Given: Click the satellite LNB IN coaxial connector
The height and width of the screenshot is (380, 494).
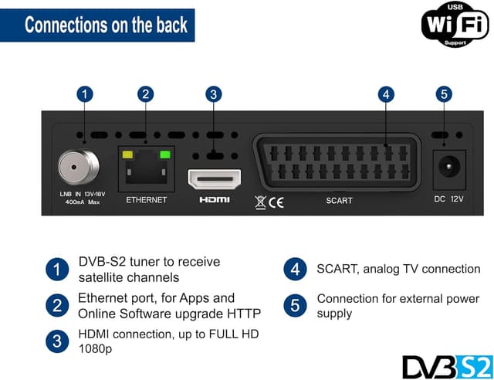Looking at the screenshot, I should (x=79, y=164).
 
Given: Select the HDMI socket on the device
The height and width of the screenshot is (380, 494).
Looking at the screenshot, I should (x=215, y=179).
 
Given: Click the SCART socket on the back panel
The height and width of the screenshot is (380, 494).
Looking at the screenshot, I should (x=337, y=163).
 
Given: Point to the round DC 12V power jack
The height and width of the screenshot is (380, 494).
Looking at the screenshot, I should (x=447, y=165).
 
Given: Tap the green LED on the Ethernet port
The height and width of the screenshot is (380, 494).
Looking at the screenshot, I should (x=164, y=154).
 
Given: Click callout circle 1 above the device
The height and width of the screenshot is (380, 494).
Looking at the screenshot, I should (x=86, y=94).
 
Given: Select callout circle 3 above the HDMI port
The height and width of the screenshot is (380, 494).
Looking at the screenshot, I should (x=215, y=94).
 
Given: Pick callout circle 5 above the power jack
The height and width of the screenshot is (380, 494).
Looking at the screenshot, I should (x=442, y=94).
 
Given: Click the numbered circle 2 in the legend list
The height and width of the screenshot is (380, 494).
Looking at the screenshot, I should (x=57, y=306).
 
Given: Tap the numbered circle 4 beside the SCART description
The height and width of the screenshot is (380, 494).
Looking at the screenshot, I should (x=295, y=270).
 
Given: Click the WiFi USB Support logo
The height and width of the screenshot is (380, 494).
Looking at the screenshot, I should (x=455, y=23).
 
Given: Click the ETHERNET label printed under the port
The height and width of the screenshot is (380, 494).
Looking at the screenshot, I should (x=146, y=199).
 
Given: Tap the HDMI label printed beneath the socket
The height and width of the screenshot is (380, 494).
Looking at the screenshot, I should (x=215, y=199).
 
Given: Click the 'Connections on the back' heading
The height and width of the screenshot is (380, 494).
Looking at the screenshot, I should (x=106, y=25).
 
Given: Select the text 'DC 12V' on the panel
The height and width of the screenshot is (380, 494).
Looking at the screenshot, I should (x=447, y=199).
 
